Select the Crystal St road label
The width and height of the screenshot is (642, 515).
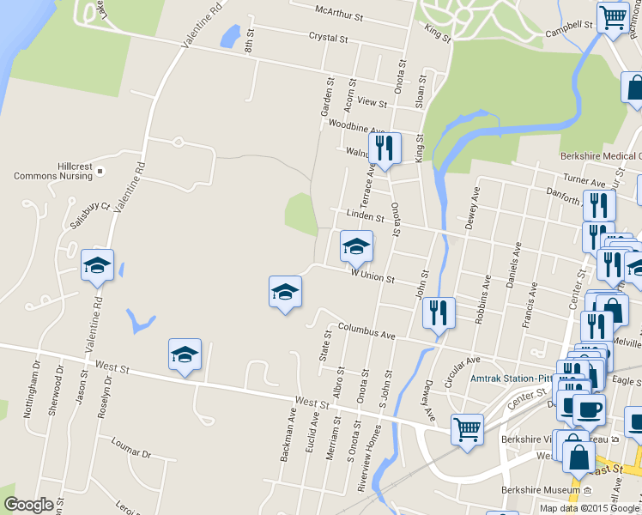pos(327,39)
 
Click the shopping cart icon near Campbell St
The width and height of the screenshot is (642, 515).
pos(613,17)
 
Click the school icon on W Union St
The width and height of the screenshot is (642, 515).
pos(356,247)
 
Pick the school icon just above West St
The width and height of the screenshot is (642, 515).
pos(185,354)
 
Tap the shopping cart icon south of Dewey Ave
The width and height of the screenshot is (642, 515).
pos(467,429)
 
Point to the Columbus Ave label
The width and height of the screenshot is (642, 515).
pos(366,330)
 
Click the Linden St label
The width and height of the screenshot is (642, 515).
pos(365,215)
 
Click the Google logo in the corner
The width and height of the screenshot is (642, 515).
pos(28,505)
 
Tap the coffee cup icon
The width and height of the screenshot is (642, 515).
pos(589,409)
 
